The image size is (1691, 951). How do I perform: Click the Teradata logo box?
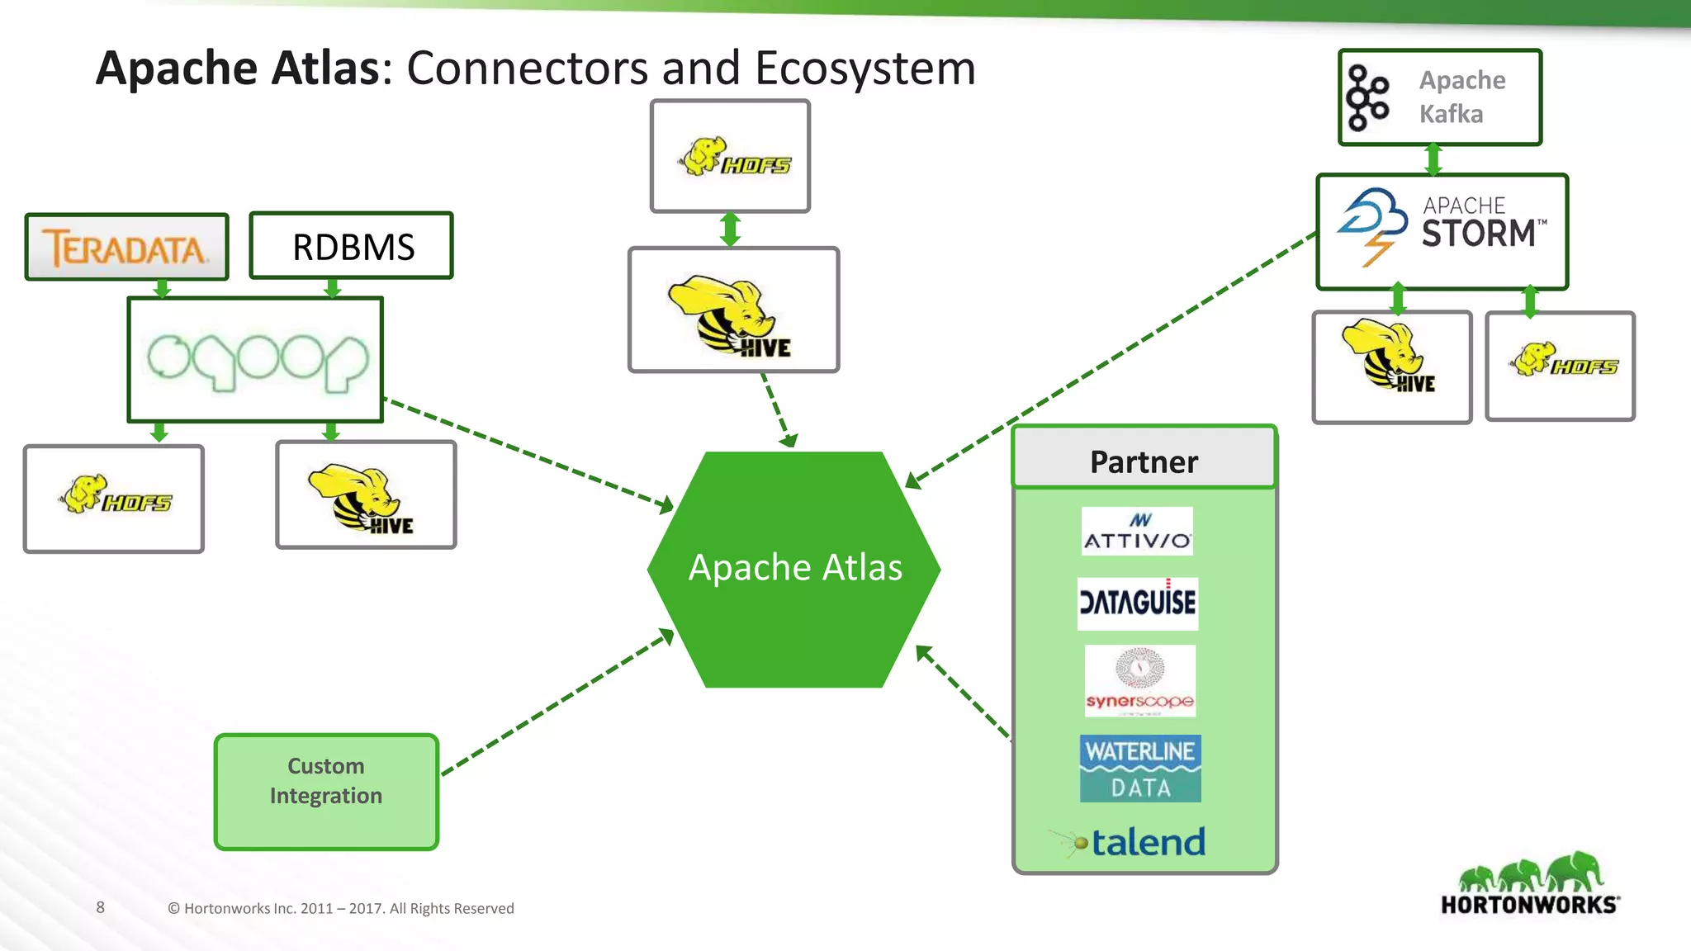coord(126,248)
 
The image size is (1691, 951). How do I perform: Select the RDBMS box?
coord(352,247)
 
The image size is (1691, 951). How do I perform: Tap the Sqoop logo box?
coord(255,360)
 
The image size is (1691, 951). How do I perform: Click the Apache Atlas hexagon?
coord(794,569)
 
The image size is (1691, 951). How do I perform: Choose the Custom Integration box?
coord(326,792)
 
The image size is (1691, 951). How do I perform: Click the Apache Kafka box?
coord(1440,97)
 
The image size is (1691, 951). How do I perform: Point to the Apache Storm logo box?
coord(1442,232)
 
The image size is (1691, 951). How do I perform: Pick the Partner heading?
coord(1144,461)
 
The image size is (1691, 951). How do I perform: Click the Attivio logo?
coord(1137,531)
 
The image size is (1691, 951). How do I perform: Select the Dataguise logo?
coord(1137,603)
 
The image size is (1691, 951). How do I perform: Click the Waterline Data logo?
coord(1140,769)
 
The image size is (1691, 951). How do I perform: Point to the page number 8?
coord(101,907)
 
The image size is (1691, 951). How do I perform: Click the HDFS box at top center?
coord(730,157)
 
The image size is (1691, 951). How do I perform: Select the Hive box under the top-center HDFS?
coord(733,310)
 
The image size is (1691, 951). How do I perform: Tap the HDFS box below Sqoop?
coord(114,499)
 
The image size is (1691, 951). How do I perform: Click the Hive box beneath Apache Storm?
coord(1392,367)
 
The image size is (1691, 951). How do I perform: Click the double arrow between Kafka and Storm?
coord(1433,159)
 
